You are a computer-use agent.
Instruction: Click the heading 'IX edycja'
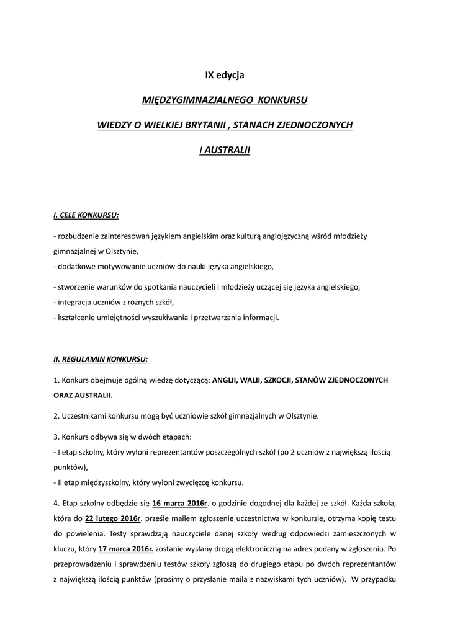coord(225,75)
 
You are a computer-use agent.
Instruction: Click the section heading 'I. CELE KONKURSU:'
coord(86,215)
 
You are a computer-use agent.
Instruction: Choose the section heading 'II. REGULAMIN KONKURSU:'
coord(101,358)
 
